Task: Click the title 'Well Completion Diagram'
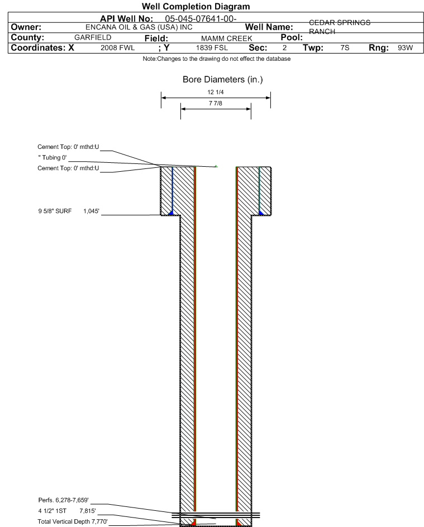point(196,6)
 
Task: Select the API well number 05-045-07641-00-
point(201,19)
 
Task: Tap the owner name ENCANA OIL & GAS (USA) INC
point(139,27)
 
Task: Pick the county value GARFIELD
point(93,37)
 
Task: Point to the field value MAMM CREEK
point(226,38)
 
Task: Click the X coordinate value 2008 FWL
point(117,48)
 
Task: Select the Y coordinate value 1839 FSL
point(212,48)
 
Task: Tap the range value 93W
point(405,48)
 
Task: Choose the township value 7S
point(345,48)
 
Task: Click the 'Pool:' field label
point(292,37)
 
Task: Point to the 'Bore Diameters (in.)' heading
point(222,80)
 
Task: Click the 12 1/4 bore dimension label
point(216,92)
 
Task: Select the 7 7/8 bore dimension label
point(216,103)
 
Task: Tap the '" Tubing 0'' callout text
point(52,158)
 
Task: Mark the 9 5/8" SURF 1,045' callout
point(69,211)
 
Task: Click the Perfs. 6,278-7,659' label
point(63,500)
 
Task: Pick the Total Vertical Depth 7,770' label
point(73,521)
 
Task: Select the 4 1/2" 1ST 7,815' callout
point(67,511)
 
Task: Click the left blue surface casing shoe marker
point(170,212)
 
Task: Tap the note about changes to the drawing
point(217,59)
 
